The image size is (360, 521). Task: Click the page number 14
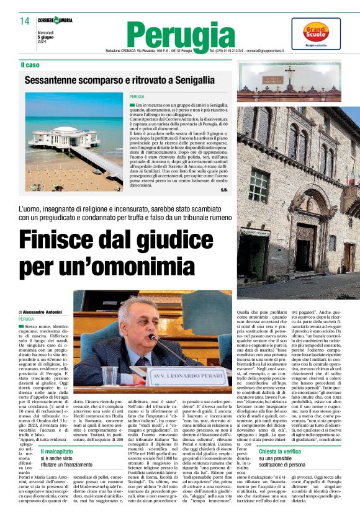coord(24,21)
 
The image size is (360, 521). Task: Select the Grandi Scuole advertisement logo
coord(324,33)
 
